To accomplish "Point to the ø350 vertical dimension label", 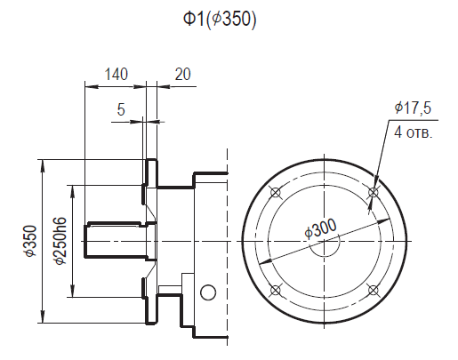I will coord(31,241).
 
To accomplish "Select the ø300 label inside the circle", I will coord(319,229).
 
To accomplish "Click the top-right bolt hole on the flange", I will coord(373,191).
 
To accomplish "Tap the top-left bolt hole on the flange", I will coord(275,191).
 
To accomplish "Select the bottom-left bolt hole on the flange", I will coord(275,290).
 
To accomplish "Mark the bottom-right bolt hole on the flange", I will coord(373,290).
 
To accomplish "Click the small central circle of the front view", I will coord(324,241).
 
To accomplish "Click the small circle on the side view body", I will coord(208,292).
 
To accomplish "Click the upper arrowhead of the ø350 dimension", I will coord(43,164).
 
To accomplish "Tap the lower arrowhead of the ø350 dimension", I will coord(43,318).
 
